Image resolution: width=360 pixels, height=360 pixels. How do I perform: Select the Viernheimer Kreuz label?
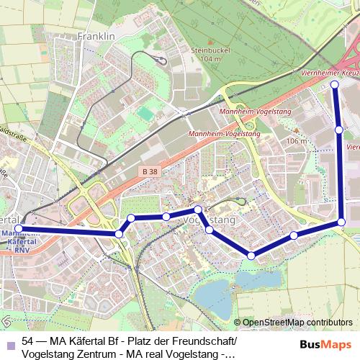[x=327, y=73]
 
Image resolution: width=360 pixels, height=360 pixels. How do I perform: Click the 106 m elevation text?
[x=296, y=141]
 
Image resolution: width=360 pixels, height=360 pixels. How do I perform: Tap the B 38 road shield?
[x=149, y=171]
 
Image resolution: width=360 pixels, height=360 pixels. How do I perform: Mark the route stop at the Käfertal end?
[x=19, y=229]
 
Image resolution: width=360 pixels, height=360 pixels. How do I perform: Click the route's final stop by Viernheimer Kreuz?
[x=335, y=85]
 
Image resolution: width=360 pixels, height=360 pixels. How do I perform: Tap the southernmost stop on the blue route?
[x=251, y=255]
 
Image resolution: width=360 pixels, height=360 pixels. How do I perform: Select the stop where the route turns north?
[x=342, y=222]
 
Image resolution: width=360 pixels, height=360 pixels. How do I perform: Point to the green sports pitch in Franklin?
[x=147, y=114]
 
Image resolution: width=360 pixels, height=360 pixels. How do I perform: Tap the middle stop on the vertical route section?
[x=338, y=130]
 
